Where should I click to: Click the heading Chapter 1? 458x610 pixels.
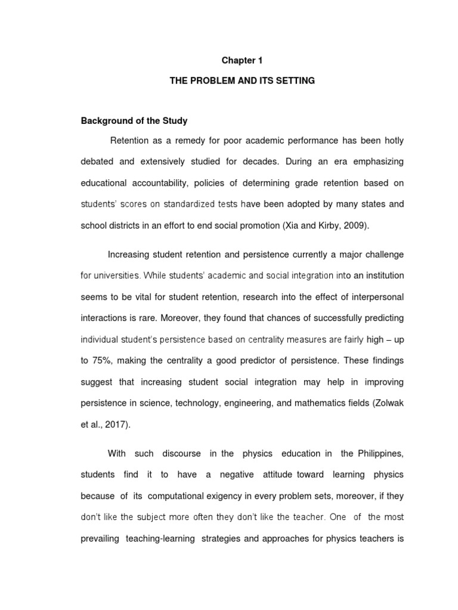(242, 61)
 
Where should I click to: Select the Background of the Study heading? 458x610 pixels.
(134, 121)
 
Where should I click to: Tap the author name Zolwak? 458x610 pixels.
(387, 402)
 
